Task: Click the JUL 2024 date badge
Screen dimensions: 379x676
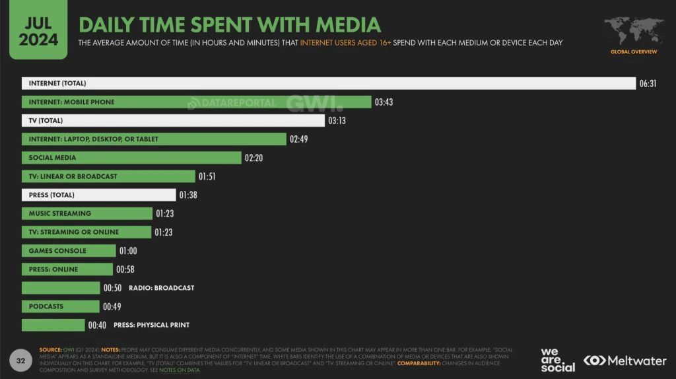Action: coord(38,30)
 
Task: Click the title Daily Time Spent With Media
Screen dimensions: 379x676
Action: coord(230,24)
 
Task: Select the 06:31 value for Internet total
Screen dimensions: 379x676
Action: coord(648,84)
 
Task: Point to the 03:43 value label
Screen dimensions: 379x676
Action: coord(384,102)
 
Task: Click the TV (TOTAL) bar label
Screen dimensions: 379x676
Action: coord(46,121)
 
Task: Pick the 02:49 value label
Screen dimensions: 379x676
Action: coord(298,139)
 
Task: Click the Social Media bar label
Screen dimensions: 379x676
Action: coord(52,158)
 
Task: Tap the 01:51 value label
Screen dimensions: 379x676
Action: coord(207,176)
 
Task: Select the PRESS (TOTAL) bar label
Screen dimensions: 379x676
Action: coord(51,195)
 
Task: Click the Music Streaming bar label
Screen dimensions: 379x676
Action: coord(60,213)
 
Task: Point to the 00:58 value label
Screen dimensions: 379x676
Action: coord(125,269)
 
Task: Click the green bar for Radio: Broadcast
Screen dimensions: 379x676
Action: coord(61,288)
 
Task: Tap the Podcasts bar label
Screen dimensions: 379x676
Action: coord(46,306)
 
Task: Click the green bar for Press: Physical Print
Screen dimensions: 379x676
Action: coord(53,325)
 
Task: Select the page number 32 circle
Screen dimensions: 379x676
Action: coord(20,361)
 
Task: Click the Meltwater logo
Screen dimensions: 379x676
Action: coord(625,361)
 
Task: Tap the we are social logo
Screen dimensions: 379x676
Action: coord(557,359)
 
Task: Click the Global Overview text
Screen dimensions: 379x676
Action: coord(633,51)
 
